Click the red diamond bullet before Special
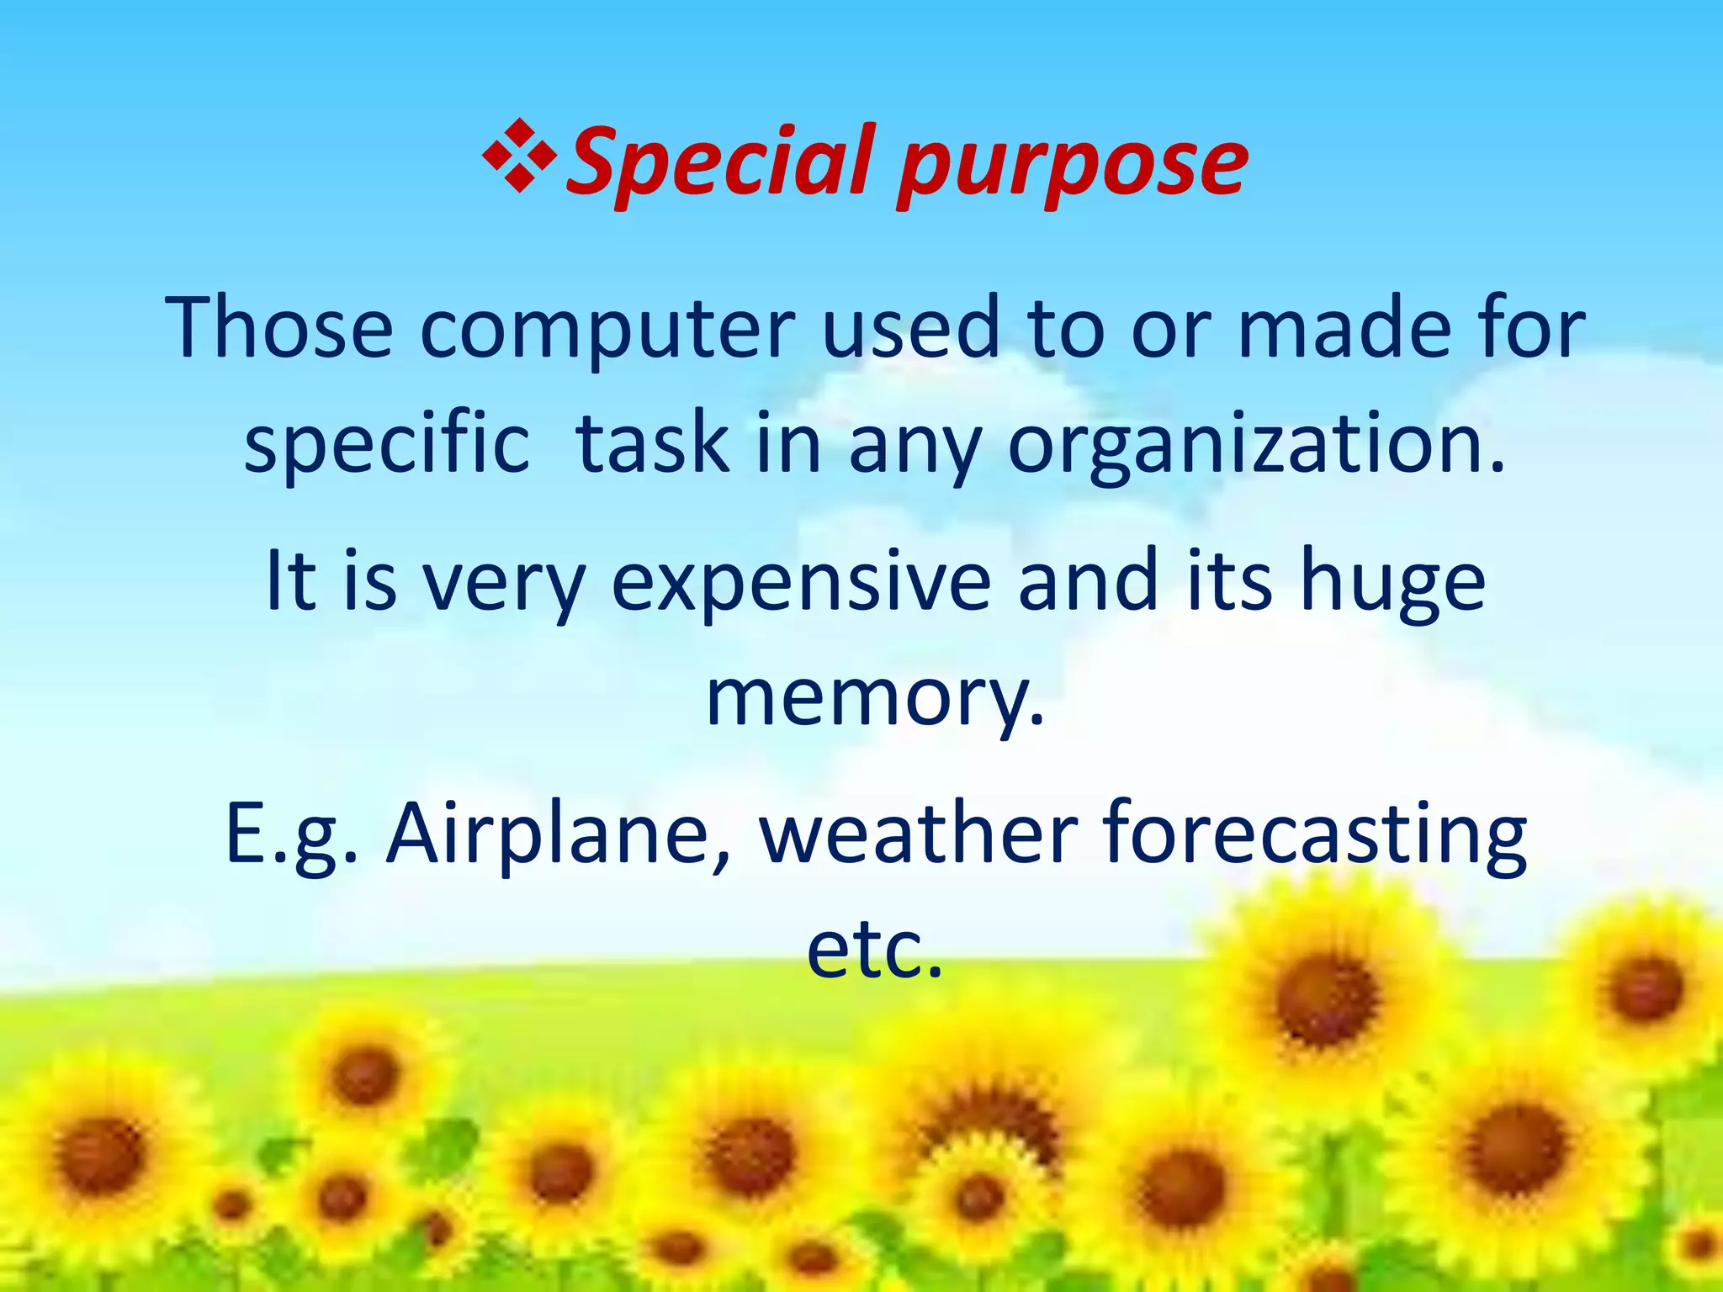click(519, 156)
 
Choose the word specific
click(387, 446)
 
